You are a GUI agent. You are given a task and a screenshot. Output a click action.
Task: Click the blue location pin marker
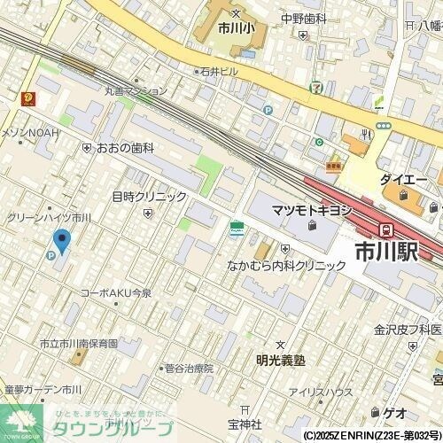62,240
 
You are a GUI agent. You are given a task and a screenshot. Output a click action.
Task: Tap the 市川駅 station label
385,252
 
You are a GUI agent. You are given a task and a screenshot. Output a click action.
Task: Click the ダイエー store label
404,179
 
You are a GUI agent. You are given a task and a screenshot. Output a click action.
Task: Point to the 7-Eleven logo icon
316,88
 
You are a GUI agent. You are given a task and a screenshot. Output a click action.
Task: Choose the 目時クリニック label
149,197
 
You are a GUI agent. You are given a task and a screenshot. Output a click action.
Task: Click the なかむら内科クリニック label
286,265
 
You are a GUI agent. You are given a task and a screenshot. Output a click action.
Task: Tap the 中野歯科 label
304,19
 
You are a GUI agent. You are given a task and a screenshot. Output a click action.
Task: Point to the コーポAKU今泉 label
116,292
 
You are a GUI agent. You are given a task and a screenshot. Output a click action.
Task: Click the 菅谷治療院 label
190,368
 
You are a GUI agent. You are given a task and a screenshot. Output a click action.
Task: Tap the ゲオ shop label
394,412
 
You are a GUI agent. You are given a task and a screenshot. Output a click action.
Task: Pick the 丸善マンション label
135,90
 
